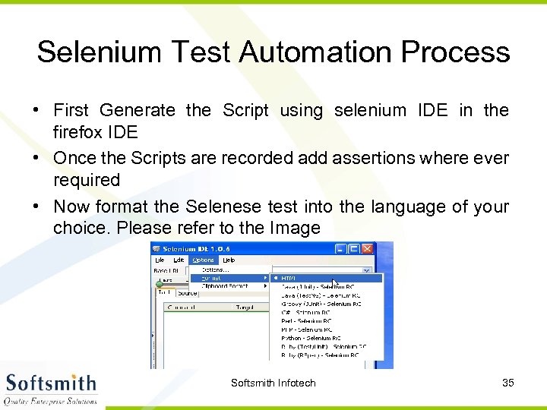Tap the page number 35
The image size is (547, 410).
508,383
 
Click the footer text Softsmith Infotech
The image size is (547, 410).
273,383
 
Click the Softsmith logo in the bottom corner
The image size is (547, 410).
51,387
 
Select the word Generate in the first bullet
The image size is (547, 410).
137,111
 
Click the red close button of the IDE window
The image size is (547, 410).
368,249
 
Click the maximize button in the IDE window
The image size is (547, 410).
354,249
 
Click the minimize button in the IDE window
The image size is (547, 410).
341,249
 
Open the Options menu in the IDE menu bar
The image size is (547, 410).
203,260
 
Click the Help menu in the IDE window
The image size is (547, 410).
229,260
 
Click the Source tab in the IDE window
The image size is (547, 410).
187,292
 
